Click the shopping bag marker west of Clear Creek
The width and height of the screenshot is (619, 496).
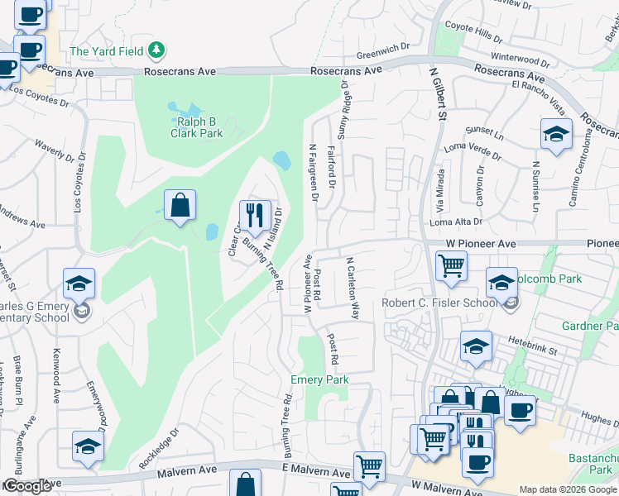180,206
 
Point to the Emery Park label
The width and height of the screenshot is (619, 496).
319,379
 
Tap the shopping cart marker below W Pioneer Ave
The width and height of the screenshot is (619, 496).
451,266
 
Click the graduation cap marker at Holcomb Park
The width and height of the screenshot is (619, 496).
501,284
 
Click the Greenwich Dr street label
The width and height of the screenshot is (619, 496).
383,51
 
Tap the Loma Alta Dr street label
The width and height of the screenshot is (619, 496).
455,222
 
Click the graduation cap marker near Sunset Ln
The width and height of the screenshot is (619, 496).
556,134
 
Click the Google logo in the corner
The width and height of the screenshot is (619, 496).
26,486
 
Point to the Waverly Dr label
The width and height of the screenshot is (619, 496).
54,155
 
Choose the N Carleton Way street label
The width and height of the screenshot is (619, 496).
352,288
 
